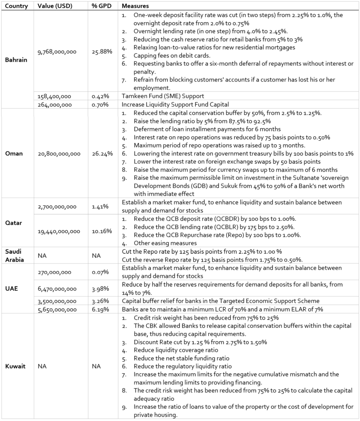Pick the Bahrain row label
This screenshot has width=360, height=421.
[16, 60]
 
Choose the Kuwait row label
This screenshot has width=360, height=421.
[15, 366]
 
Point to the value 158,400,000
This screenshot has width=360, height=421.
[54, 96]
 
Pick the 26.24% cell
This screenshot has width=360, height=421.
[102, 154]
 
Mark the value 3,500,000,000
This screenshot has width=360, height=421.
[57, 301]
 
